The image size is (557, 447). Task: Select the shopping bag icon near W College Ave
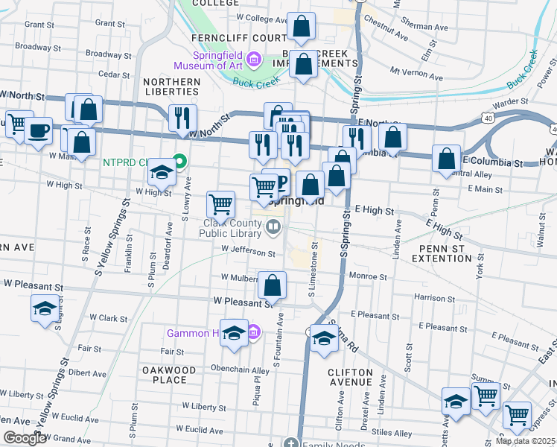pyautogui.click(x=302, y=28)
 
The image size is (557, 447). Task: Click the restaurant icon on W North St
pyautogui.click(x=182, y=118)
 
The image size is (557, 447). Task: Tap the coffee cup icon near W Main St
pyautogui.click(x=37, y=131)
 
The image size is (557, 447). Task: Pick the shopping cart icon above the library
pyautogui.click(x=220, y=203)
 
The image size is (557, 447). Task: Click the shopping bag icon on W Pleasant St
pyautogui.click(x=273, y=285)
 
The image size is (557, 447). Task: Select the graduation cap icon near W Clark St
pyautogui.click(x=44, y=308)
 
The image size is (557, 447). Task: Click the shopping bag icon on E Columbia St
pyautogui.click(x=446, y=159)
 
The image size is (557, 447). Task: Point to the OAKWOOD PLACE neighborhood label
pyautogui.click(x=170, y=375)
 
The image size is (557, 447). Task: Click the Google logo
pyautogui.click(x=24, y=438)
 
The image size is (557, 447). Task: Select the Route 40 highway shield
pyautogui.click(x=486, y=118)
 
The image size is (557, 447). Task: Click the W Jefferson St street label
pyautogui.click(x=248, y=253)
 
